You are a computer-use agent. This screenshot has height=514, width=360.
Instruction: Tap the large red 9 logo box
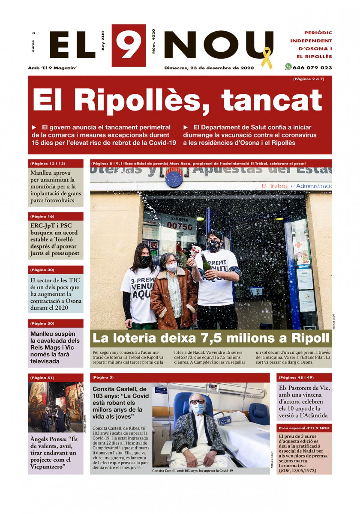pyautogui.click(x=129, y=45)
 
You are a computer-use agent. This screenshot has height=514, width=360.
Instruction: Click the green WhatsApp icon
pyautogui.click(x=288, y=67)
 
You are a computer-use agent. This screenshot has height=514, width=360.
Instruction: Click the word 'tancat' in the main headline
pyautogui.click(x=271, y=100)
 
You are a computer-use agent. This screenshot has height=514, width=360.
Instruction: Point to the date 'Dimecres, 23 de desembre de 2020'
pyautogui.click(x=209, y=68)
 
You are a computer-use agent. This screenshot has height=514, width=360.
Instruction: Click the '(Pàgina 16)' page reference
pyautogui.click(x=42, y=216)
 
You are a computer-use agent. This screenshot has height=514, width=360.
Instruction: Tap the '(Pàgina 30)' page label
pyautogui.click(x=42, y=270)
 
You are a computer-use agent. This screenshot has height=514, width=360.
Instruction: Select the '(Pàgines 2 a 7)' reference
pyautogui.click(x=309, y=79)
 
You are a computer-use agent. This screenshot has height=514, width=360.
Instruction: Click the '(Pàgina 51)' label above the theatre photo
pyautogui.click(x=42, y=378)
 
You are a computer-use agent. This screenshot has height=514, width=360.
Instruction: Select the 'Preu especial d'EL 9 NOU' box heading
pyautogui.click(x=304, y=428)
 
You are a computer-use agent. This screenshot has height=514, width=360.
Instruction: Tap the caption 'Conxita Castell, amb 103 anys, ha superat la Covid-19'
pyautogui.click(x=192, y=471)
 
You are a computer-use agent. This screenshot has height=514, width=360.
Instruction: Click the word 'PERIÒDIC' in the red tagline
pyautogui.click(x=318, y=33)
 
